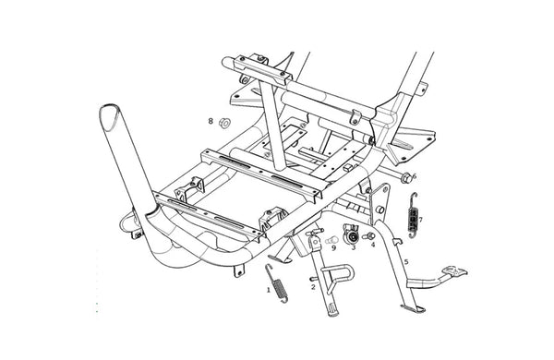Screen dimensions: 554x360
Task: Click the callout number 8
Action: point(211,121)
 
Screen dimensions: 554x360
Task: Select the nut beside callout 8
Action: point(224,123)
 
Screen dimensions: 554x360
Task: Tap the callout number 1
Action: point(269,291)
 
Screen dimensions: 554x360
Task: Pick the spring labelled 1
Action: point(277,283)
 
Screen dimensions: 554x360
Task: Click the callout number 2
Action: point(313,287)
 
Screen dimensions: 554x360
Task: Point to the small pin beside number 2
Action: point(313,279)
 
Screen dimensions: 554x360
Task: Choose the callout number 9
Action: point(333,248)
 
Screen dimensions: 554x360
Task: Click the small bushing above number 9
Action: point(331,240)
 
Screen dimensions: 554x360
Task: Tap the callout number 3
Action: point(354,247)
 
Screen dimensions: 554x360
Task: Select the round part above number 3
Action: point(351,234)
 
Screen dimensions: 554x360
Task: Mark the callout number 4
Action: point(373,244)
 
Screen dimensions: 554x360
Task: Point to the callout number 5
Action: point(406,262)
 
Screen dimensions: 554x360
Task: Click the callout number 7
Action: point(420,220)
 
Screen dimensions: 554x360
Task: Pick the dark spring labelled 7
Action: point(413,215)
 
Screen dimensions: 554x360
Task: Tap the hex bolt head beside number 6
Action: point(406,178)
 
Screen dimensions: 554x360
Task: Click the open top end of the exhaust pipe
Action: point(110,116)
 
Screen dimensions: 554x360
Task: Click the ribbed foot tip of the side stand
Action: point(333,310)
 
